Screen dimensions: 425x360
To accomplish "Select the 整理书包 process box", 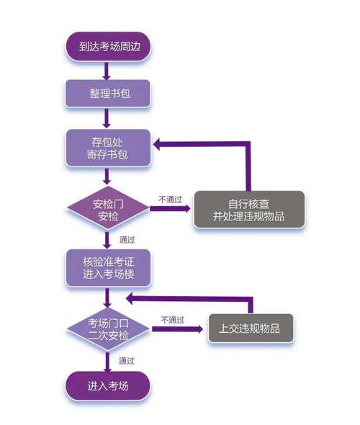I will pyautogui.click(x=108, y=93).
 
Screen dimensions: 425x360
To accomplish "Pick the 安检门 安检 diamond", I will pyautogui.click(x=108, y=208).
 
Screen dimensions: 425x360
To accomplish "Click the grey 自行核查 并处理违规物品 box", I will pyautogui.click(x=248, y=210).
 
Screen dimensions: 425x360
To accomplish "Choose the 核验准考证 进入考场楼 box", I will pyautogui.click(x=108, y=268).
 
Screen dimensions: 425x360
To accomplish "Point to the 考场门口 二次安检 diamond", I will pyautogui.click(x=108, y=328).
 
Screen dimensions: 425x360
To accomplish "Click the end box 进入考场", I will pyautogui.click(x=108, y=385).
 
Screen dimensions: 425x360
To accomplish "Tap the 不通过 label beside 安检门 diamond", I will pyautogui.click(x=171, y=198).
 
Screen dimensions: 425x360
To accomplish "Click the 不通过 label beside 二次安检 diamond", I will pyautogui.click(x=172, y=319).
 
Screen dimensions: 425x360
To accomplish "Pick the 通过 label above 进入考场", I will pyautogui.click(x=127, y=359).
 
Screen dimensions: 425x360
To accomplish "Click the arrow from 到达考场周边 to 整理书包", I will pyautogui.click(x=107, y=70).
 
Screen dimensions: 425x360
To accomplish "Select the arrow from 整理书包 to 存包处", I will pyautogui.click(x=107, y=117).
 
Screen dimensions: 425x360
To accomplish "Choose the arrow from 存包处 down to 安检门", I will pyautogui.click(x=107, y=176).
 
